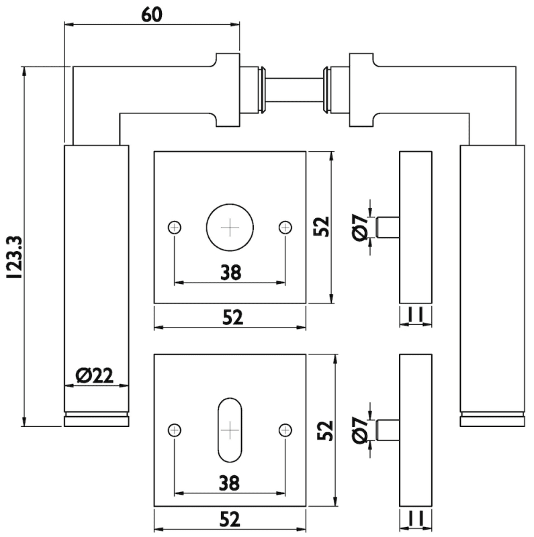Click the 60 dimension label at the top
[x=152, y=15]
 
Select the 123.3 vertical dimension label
[x=13, y=256]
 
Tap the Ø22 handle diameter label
[x=95, y=377]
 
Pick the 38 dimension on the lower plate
[x=230, y=482]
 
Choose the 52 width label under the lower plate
[x=230, y=519]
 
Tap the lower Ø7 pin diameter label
[x=359, y=430]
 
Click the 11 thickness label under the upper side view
[x=415, y=315]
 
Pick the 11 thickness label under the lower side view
[x=415, y=518]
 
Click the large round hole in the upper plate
[x=230, y=227]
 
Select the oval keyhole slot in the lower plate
[x=230, y=430]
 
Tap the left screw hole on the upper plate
[x=175, y=227]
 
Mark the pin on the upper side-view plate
[x=388, y=227]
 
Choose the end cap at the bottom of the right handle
[x=492, y=420]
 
